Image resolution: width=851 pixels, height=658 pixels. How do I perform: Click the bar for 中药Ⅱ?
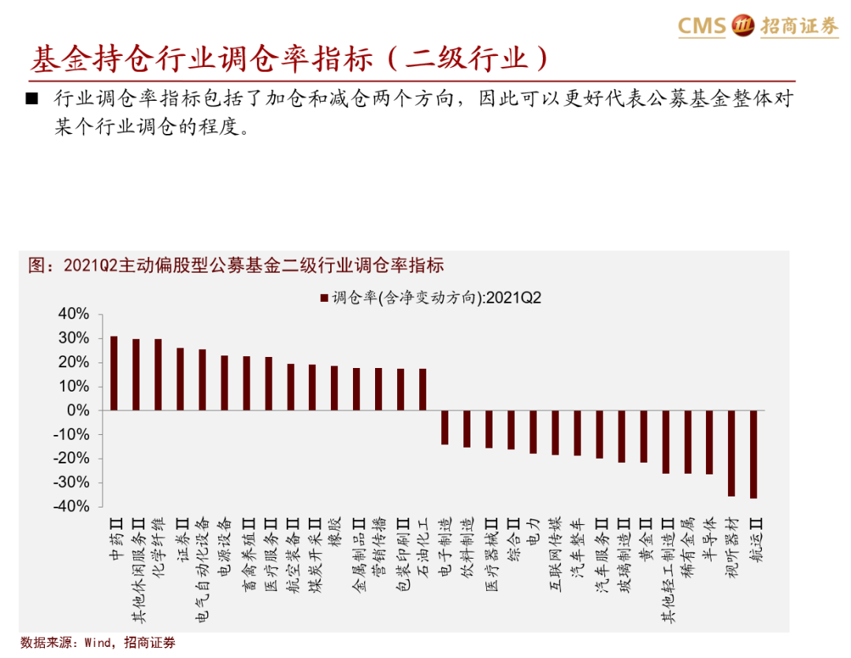114,374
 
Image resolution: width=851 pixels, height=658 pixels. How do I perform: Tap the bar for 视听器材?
732,453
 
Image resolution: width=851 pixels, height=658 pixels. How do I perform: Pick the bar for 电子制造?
445,427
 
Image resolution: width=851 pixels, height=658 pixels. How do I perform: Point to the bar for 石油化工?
423,389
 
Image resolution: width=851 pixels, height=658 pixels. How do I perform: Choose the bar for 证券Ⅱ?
180,379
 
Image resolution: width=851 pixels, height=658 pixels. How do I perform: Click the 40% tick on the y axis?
74,314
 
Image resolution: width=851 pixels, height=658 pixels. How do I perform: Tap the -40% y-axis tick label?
72,507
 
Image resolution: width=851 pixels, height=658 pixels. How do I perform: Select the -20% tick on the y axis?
72,459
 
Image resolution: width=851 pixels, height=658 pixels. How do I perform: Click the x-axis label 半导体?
709,538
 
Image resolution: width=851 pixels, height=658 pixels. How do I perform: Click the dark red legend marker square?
324,298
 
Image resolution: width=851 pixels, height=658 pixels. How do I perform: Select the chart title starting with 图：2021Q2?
236,265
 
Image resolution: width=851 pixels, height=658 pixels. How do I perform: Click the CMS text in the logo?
701,26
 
